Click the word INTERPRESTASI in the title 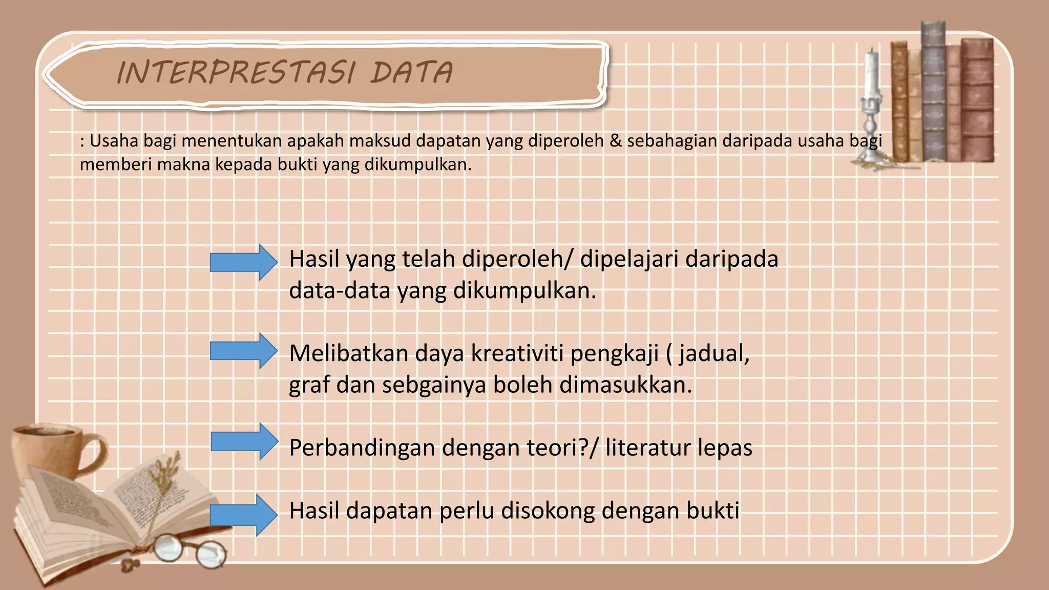pyautogui.click(x=235, y=72)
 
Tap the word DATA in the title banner pyautogui.click(x=412, y=72)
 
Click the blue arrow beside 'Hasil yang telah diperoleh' pyautogui.click(x=243, y=263)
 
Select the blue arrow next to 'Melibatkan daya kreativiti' pyautogui.click(x=243, y=351)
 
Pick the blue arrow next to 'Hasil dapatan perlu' pyautogui.click(x=243, y=515)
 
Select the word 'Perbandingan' pyautogui.click(x=362, y=448)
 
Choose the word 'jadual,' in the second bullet pyautogui.click(x=715, y=353)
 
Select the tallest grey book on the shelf pyautogui.click(x=933, y=92)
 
